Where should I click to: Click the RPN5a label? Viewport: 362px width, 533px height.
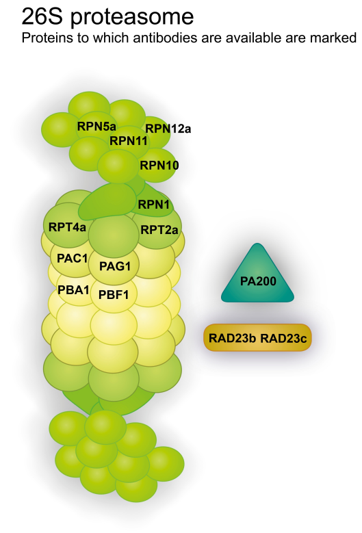point(96,126)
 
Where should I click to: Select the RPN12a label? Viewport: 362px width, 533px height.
point(168,127)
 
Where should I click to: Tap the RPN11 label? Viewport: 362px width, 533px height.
point(129,141)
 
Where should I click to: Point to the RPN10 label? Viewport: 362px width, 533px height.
point(159,165)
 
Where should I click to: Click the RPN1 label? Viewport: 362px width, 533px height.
point(153,204)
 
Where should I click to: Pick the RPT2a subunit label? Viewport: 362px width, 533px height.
point(159,230)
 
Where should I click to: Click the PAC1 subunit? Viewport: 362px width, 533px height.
point(73,259)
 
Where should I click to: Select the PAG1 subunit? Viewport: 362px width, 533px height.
point(115,265)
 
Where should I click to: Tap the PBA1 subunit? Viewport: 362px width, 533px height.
point(73,289)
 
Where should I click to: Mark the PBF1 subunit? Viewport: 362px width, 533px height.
point(115,296)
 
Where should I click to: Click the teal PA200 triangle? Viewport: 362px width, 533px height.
point(257,279)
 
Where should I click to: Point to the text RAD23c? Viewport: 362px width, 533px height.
point(283,337)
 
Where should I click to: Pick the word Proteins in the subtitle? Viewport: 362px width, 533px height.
point(44,38)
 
